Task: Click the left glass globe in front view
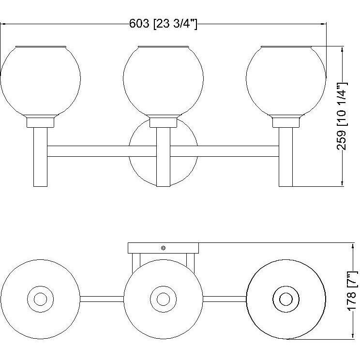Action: tap(40, 80)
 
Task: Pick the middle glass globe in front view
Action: tap(163, 80)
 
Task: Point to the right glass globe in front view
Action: tap(286, 80)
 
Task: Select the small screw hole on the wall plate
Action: tap(163, 248)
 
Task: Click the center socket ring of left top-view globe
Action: tap(40, 299)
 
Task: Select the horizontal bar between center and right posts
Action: tap(225, 151)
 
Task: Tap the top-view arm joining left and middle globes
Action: tap(102, 299)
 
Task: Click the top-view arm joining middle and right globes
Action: tap(225, 299)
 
